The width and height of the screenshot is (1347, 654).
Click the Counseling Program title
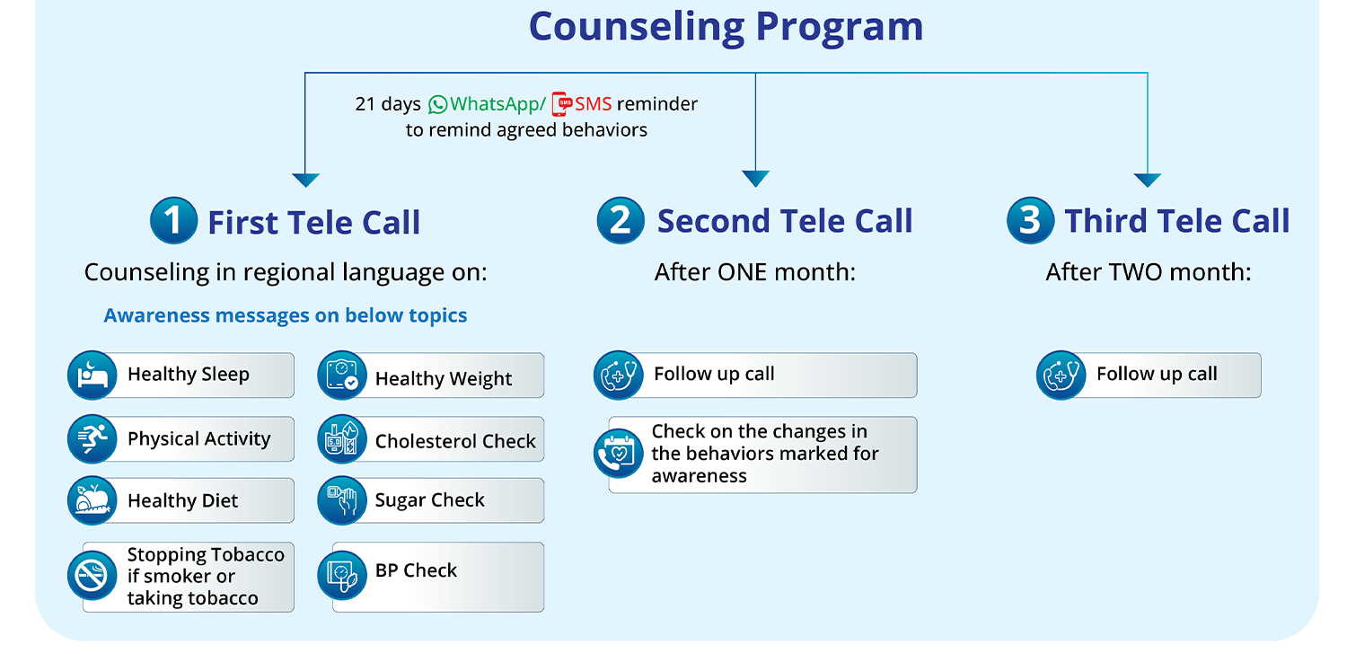(726, 27)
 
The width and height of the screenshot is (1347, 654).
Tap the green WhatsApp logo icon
(437, 104)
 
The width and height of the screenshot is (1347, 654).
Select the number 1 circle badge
(173, 221)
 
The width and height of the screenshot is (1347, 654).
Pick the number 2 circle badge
(621, 221)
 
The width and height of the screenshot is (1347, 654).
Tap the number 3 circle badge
(1030, 221)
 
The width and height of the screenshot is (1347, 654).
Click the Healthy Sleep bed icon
(92, 375)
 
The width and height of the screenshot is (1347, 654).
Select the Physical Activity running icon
(92, 439)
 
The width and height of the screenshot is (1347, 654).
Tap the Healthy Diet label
(183, 501)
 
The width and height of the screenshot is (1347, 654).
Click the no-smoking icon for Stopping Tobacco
(92, 576)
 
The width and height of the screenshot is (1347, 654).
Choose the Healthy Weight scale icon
(342, 376)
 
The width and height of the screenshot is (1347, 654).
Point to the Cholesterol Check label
(455, 441)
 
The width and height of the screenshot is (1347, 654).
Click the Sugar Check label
(430, 500)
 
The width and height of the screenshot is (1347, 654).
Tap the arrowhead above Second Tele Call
(755, 179)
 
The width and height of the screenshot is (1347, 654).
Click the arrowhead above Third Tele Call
(1148, 180)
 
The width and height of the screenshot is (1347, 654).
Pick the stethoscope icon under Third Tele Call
(1061, 375)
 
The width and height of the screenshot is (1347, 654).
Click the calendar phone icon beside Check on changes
(619, 454)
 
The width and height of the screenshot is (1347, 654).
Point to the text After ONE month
(755, 272)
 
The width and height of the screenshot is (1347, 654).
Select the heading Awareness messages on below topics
(286, 316)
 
